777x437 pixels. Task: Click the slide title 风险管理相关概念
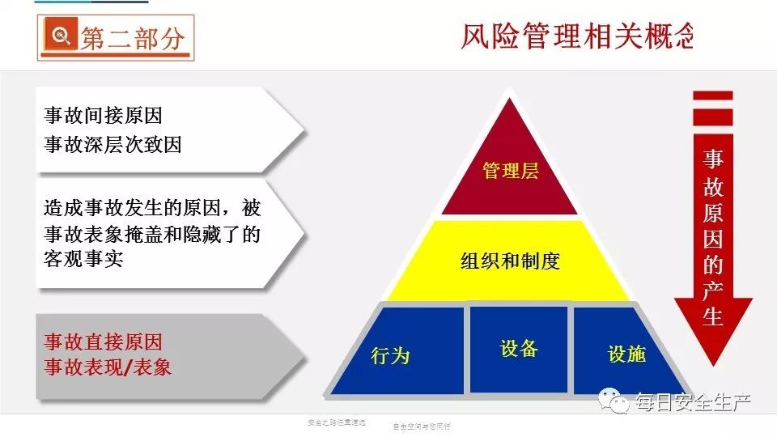577,37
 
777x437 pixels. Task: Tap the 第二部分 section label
133,39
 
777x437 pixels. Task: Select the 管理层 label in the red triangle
510,171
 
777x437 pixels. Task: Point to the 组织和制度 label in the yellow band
510,261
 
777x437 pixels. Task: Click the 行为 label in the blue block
390,354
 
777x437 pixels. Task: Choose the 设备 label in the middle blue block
519,348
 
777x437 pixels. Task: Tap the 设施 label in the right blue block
626,354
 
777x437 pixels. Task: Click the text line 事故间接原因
108,116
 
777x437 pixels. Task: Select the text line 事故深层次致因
113,144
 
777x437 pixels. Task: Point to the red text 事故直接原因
103,341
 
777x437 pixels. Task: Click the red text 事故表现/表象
108,367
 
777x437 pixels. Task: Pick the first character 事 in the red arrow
712,159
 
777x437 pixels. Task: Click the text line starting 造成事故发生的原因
152,208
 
